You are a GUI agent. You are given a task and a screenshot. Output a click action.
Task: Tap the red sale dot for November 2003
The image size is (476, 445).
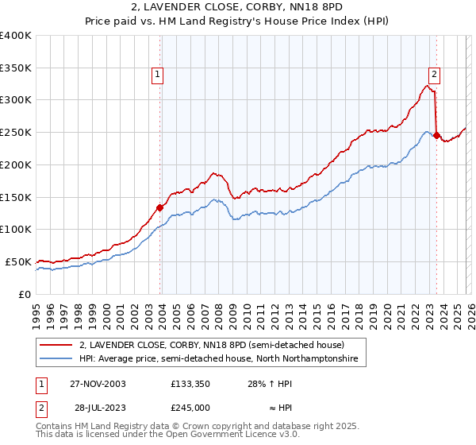160,207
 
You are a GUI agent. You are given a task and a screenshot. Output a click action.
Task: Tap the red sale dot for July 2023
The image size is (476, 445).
437,135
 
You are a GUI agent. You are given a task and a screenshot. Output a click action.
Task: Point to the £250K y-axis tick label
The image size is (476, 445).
16,132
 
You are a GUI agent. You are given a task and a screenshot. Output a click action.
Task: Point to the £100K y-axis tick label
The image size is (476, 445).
16,229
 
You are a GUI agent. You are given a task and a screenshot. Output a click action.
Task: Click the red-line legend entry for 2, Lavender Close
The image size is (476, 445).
211,346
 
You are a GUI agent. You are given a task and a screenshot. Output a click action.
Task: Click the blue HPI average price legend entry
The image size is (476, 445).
218,359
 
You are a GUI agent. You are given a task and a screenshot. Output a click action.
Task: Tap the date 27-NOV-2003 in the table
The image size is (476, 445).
98,383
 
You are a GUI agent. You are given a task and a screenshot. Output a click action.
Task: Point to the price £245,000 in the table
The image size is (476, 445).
191,407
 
